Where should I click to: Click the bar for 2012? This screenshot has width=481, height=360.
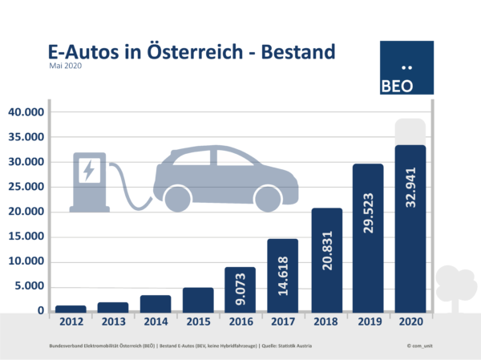pos(70,308)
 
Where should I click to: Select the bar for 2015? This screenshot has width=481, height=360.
pos(199,299)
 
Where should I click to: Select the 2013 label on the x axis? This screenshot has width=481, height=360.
pos(113,322)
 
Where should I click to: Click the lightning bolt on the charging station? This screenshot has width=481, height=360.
pos(87,170)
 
